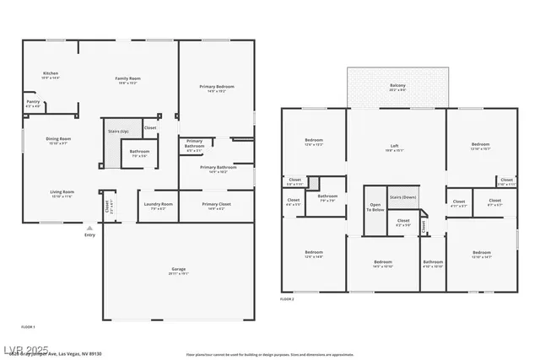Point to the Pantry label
coord(33,104)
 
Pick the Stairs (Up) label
coord(118,132)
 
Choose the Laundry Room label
coord(158,206)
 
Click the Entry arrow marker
coord(89,228)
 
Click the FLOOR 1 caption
coord(28,326)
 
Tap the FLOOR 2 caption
coord(289,299)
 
